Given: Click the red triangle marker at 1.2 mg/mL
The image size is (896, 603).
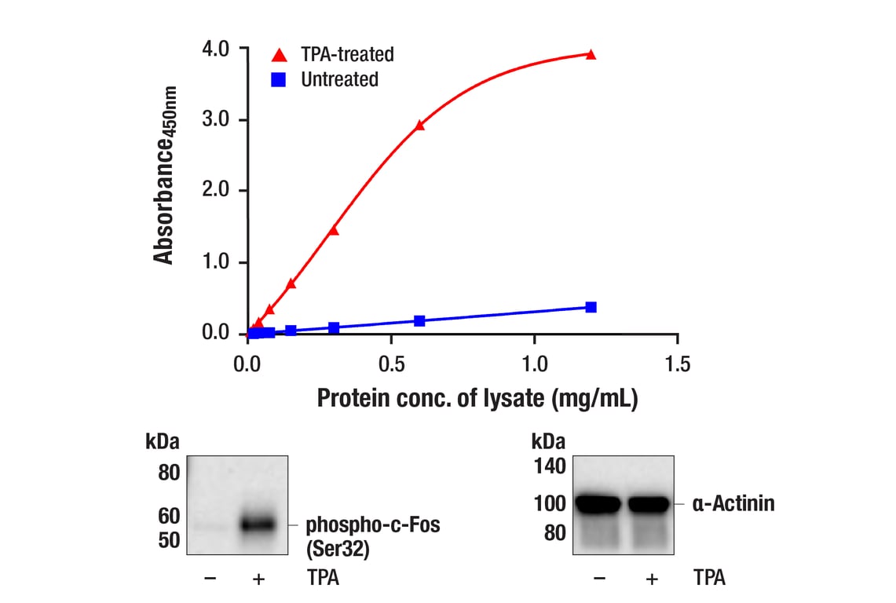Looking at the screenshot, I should [591, 54].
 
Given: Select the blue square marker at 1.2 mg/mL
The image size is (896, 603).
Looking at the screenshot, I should [591, 307].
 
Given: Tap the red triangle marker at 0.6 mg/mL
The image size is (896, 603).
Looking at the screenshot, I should [419, 125].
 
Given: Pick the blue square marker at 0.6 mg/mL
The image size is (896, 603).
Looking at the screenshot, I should [419, 320].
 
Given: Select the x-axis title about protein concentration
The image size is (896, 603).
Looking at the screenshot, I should [477, 398].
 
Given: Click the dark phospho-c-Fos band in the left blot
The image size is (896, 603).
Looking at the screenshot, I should [259, 524].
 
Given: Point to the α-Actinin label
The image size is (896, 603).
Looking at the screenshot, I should [733, 503].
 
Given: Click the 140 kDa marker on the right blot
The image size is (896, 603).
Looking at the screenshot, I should [550, 467].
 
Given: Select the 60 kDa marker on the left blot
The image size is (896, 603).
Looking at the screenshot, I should [170, 516].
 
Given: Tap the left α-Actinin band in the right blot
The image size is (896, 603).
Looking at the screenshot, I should [599, 503].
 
